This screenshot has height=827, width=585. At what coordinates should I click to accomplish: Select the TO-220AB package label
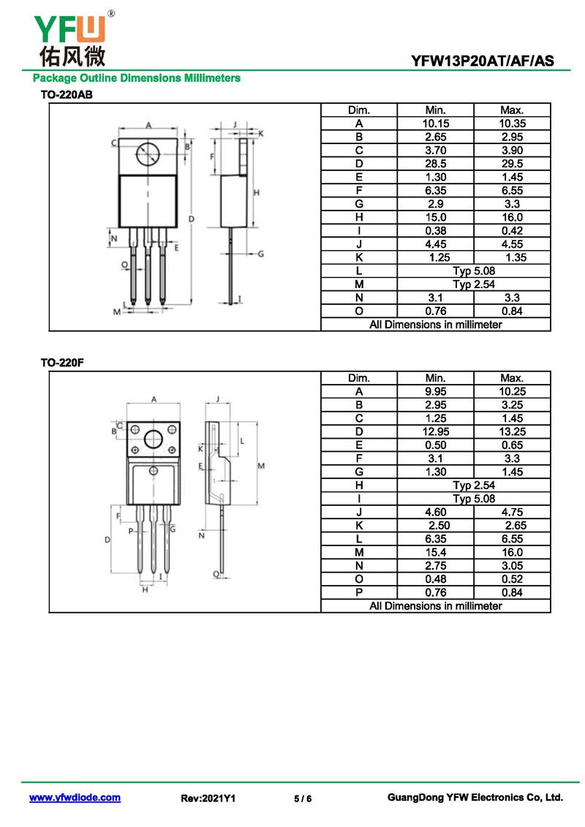pos(66,94)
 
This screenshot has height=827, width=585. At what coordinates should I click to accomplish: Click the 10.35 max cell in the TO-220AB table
pos(512,124)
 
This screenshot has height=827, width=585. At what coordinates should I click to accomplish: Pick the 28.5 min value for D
pos(435,164)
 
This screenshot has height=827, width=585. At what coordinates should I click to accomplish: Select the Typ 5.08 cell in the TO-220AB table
pos(473,271)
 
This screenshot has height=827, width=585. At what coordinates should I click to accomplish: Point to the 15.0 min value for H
pos(435,217)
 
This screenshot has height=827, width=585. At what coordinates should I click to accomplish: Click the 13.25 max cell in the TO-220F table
pos(512,431)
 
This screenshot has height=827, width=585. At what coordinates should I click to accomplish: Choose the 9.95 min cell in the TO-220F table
pos(435,391)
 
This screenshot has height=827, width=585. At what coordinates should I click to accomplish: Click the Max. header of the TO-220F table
pos(512,378)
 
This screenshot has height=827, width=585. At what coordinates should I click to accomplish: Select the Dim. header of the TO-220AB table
pos(358,110)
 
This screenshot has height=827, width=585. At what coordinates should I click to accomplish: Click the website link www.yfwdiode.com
pos(75,798)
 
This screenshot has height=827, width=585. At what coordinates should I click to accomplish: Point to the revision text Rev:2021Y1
pos(208,798)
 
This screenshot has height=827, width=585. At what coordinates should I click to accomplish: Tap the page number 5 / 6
pos(303,798)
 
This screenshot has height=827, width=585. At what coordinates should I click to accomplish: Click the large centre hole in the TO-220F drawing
pos(154,439)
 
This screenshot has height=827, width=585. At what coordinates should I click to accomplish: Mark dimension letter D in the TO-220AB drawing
pos(191,218)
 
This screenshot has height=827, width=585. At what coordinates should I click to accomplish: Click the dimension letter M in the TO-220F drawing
pos(260,465)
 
